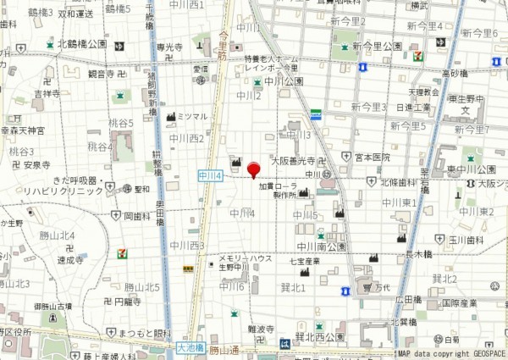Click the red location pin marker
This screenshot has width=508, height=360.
[253, 171]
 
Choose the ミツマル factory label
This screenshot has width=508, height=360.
[193, 116]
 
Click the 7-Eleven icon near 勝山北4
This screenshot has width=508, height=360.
[124, 252]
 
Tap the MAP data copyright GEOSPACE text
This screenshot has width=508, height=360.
[451, 354]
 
